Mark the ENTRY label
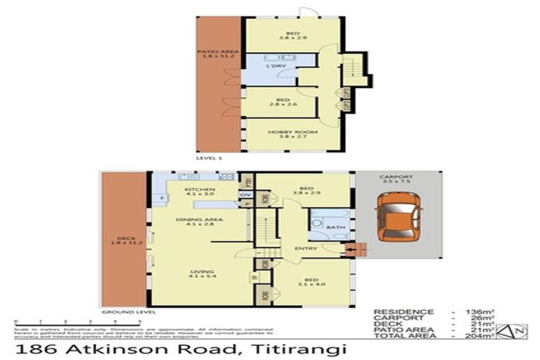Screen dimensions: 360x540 click(305, 248)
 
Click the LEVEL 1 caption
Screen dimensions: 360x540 click(210, 159)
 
